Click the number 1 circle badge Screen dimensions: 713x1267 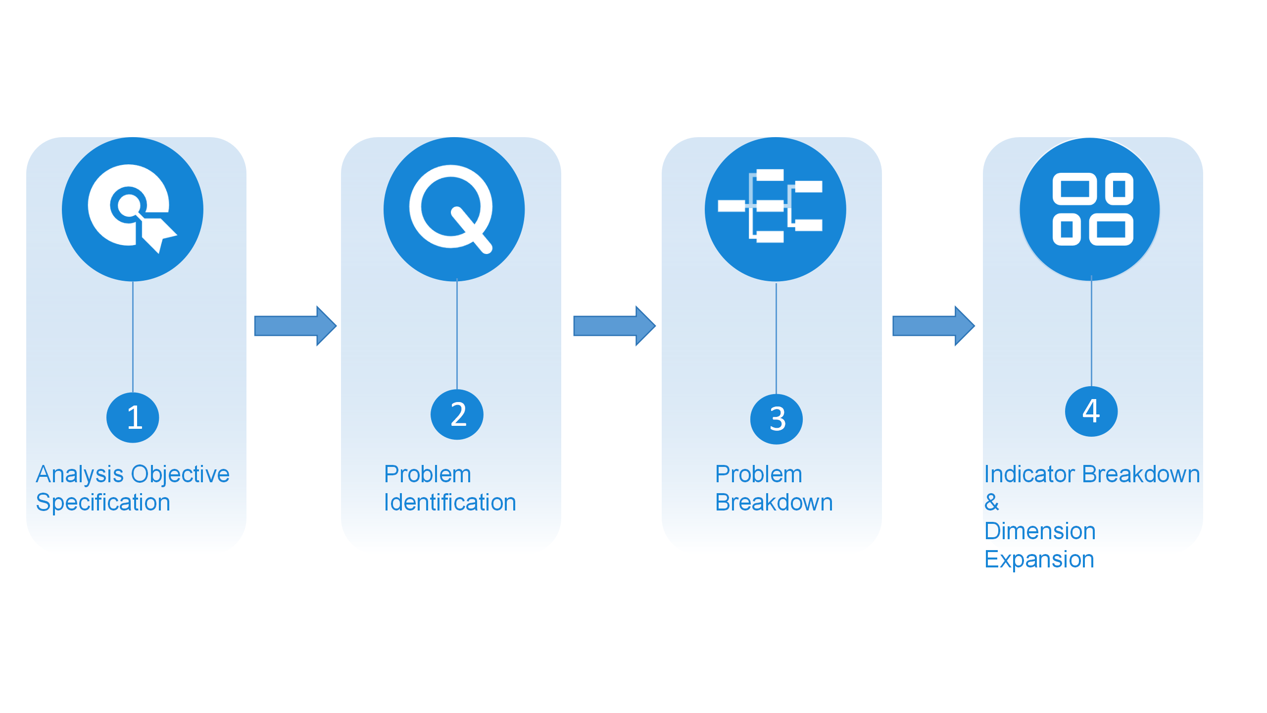tap(133, 417)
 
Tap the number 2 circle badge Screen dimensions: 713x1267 tap(457, 414)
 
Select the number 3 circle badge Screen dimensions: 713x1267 tap(776, 419)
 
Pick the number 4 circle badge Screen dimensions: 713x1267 tap(1091, 411)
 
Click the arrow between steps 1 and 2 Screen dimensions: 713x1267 tap(295, 326)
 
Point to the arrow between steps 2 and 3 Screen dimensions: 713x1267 tap(614, 326)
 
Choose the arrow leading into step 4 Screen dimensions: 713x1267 tap(933, 326)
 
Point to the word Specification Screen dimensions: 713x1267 tap(103, 503)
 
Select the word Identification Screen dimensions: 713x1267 tap(450, 503)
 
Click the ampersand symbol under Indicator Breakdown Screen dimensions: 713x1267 tap(991, 503)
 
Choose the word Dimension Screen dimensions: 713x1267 tap(1039, 531)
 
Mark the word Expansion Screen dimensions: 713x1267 tap(1039, 560)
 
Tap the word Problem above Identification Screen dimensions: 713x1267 tap(427, 474)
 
